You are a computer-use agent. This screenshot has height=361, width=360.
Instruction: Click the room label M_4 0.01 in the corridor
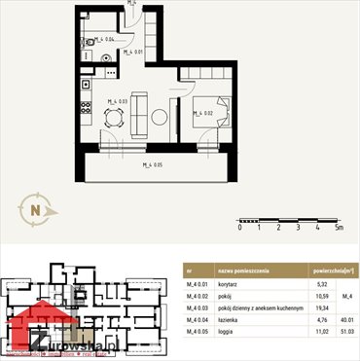tap(132, 52)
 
